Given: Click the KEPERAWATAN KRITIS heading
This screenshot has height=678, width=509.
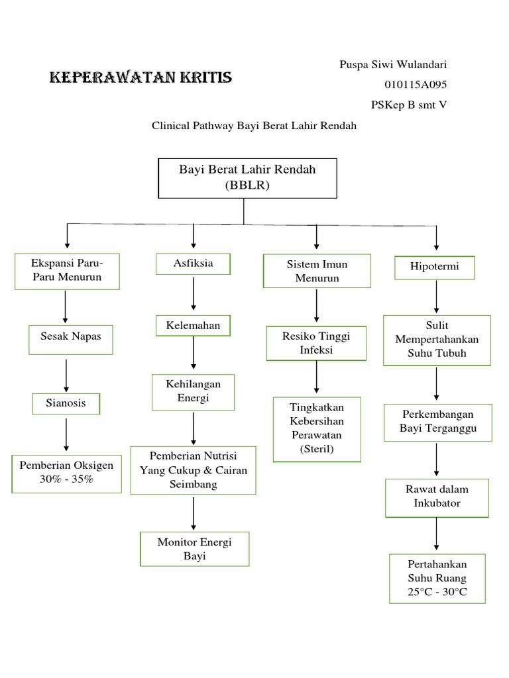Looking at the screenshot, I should tap(141, 78).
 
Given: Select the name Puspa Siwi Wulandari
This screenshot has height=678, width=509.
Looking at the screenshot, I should tap(393, 64).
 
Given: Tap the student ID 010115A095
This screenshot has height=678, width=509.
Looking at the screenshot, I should tap(416, 84).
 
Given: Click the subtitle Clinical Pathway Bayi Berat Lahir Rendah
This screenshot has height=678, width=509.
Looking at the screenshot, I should tap(254, 125).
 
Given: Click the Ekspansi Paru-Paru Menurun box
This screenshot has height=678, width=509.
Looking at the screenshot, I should tap(67, 270).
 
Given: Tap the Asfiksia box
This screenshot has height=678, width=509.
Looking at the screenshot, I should tap(194, 264).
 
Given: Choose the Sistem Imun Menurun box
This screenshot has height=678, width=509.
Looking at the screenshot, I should tap(317, 271).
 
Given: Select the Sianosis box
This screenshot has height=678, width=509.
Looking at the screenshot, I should tap(66, 403).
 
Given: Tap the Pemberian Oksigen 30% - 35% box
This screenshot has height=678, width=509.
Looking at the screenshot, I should tap(66, 473).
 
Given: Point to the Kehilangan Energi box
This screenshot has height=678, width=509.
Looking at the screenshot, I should tap(194, 391).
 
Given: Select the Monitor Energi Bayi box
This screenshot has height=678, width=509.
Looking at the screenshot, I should tap(194, 548).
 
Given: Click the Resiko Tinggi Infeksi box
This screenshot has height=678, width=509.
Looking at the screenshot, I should tap(316, 342).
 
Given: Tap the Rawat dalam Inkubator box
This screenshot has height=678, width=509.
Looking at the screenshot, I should tap(437, 497).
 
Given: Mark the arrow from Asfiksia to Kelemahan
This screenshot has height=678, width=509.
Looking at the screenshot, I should tap(194, 295).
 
